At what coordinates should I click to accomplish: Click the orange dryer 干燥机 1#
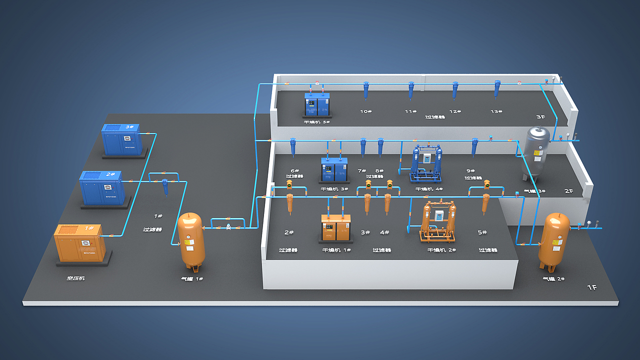tap(336, 227)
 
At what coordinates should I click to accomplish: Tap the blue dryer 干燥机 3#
tap(334, 170)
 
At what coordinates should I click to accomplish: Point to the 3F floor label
tap(540, 117)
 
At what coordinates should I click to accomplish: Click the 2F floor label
tap(569, 191)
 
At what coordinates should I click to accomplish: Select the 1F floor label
tap(591, 287)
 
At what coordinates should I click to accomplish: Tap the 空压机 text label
tap(76, 278)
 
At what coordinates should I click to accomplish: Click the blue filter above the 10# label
tap(366, 90)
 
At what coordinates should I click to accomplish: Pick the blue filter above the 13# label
tap(497, 88)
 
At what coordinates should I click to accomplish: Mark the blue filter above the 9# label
tap(474, 146)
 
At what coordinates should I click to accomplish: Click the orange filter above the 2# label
tap(290, 203)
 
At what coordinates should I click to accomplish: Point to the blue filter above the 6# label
tap(293, 147)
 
